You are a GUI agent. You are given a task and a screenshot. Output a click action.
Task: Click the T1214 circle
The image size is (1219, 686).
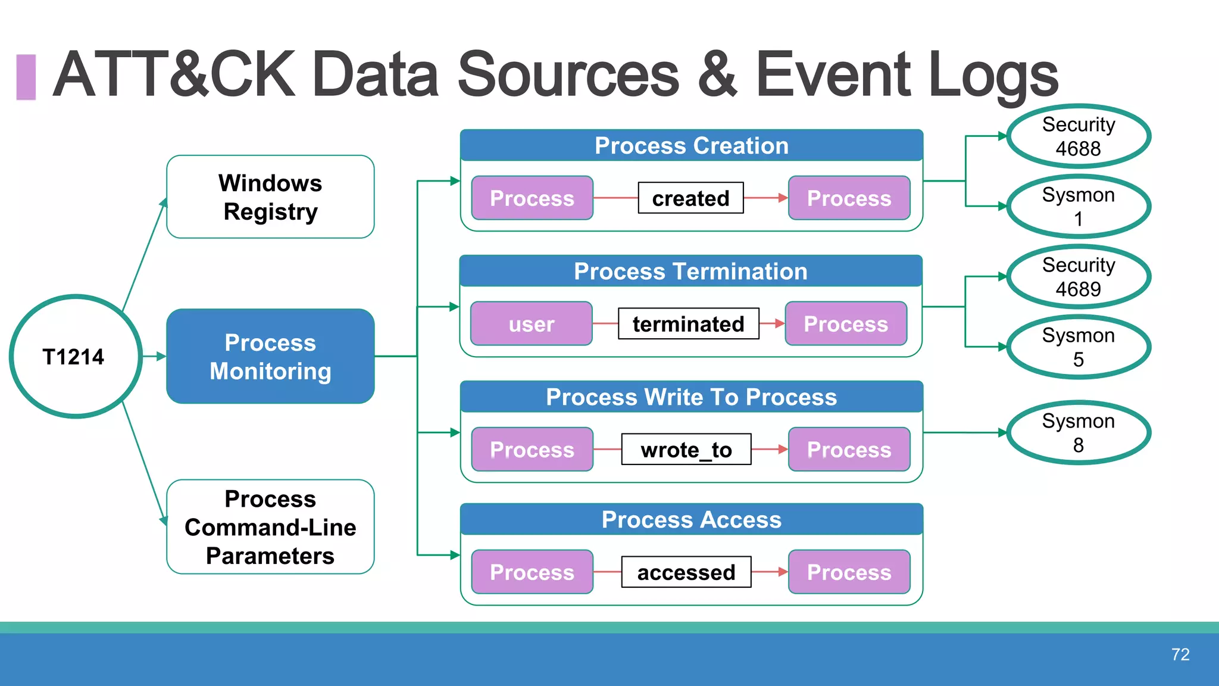tap(75, 356)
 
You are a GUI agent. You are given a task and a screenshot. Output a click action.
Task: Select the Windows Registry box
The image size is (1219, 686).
tap(270, 197)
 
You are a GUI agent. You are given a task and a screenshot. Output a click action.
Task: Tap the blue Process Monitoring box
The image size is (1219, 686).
tap(270, 356)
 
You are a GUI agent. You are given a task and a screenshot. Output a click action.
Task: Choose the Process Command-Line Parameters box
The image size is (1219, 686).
tap(270, 527)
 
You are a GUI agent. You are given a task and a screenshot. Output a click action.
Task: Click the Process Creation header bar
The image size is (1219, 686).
tap(691, 146)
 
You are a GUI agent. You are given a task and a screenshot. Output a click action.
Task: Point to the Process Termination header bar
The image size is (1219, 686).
tap(690, 272)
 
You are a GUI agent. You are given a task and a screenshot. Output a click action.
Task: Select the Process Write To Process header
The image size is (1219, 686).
tap(691, 397)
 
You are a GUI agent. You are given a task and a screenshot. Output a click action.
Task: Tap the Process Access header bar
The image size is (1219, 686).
tap(691, 520)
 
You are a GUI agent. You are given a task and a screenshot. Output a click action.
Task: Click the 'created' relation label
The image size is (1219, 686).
tap(690, 198)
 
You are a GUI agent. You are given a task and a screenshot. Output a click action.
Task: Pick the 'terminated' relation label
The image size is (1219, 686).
tap(688, 324)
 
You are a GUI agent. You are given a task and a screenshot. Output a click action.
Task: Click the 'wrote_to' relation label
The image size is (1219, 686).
tap(686, 450)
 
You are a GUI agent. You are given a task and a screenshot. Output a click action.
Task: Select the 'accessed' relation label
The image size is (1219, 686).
tap(686, 572)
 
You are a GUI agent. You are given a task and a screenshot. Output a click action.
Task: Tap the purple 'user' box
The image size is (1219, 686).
tap(531, 324)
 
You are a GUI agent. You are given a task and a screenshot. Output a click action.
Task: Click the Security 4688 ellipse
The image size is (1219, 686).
tap(1078, 136)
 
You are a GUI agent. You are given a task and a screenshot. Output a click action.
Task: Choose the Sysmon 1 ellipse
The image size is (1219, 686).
tap(1078, 207)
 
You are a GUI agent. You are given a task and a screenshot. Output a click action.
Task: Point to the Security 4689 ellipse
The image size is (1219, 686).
tap(1078, 277)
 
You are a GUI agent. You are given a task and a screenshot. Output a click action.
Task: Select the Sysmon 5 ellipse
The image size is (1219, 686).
tap(1078, 347)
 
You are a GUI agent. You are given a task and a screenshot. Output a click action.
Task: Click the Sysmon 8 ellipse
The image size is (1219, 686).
tap(1078, 433)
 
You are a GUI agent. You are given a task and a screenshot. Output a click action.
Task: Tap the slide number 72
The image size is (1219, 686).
tap(1180, 654)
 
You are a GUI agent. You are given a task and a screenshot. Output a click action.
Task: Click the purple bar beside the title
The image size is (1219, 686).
tap(26, 77)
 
